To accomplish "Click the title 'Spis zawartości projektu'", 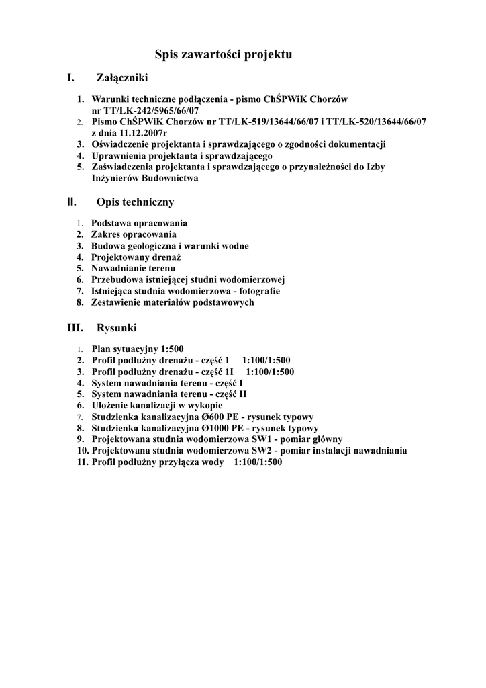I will click(x=224, y=54).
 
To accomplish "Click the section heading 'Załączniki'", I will click(x=122, y=79).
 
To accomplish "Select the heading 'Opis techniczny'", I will click(x=136, y=202).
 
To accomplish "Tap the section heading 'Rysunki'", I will click(x=117, y=328).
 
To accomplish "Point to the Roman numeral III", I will click(x=75, y=328).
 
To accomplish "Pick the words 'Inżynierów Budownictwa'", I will click(x=145, y=179).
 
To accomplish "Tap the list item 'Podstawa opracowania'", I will click(x=140, y=223).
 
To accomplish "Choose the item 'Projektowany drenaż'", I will click(x=137, y=257).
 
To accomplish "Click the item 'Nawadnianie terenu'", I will click(x=133, y=268).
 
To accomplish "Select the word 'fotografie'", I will click(x=258, y=291).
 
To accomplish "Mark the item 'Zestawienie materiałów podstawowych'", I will click(x=173, y=302).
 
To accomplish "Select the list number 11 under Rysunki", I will click(x=82, y=462).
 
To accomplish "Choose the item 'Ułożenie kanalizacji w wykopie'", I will click(x=156, y=406).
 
